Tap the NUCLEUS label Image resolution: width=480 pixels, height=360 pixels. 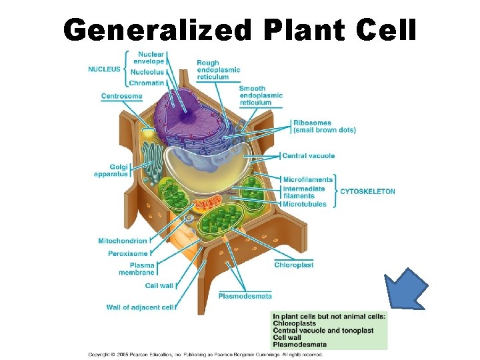tap(104, 69)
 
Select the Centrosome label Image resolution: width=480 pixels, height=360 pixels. tap(121, 96)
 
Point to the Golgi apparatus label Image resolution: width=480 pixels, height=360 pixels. tap(111, 170)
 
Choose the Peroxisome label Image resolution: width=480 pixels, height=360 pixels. tap(127, 254)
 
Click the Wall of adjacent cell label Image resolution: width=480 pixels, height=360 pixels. tap(140, 307)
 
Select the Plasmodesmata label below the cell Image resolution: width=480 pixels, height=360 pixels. tap(245, 296)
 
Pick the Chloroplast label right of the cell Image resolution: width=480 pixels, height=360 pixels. tap(293, 265)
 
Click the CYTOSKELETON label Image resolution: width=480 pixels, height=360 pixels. tap(367, 191)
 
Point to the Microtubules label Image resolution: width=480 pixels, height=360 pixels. tap(305, 204)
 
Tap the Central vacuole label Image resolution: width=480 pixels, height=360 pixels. tap(308, 156)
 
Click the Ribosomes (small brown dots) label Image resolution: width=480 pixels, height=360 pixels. tap(324, 127)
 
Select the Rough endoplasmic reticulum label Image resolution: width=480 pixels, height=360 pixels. tap(218, 70)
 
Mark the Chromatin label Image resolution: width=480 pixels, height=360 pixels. tap(146, 83)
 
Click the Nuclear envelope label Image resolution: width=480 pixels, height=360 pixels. tap(151, 57)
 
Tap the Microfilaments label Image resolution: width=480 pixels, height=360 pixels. tap(307, 179)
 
